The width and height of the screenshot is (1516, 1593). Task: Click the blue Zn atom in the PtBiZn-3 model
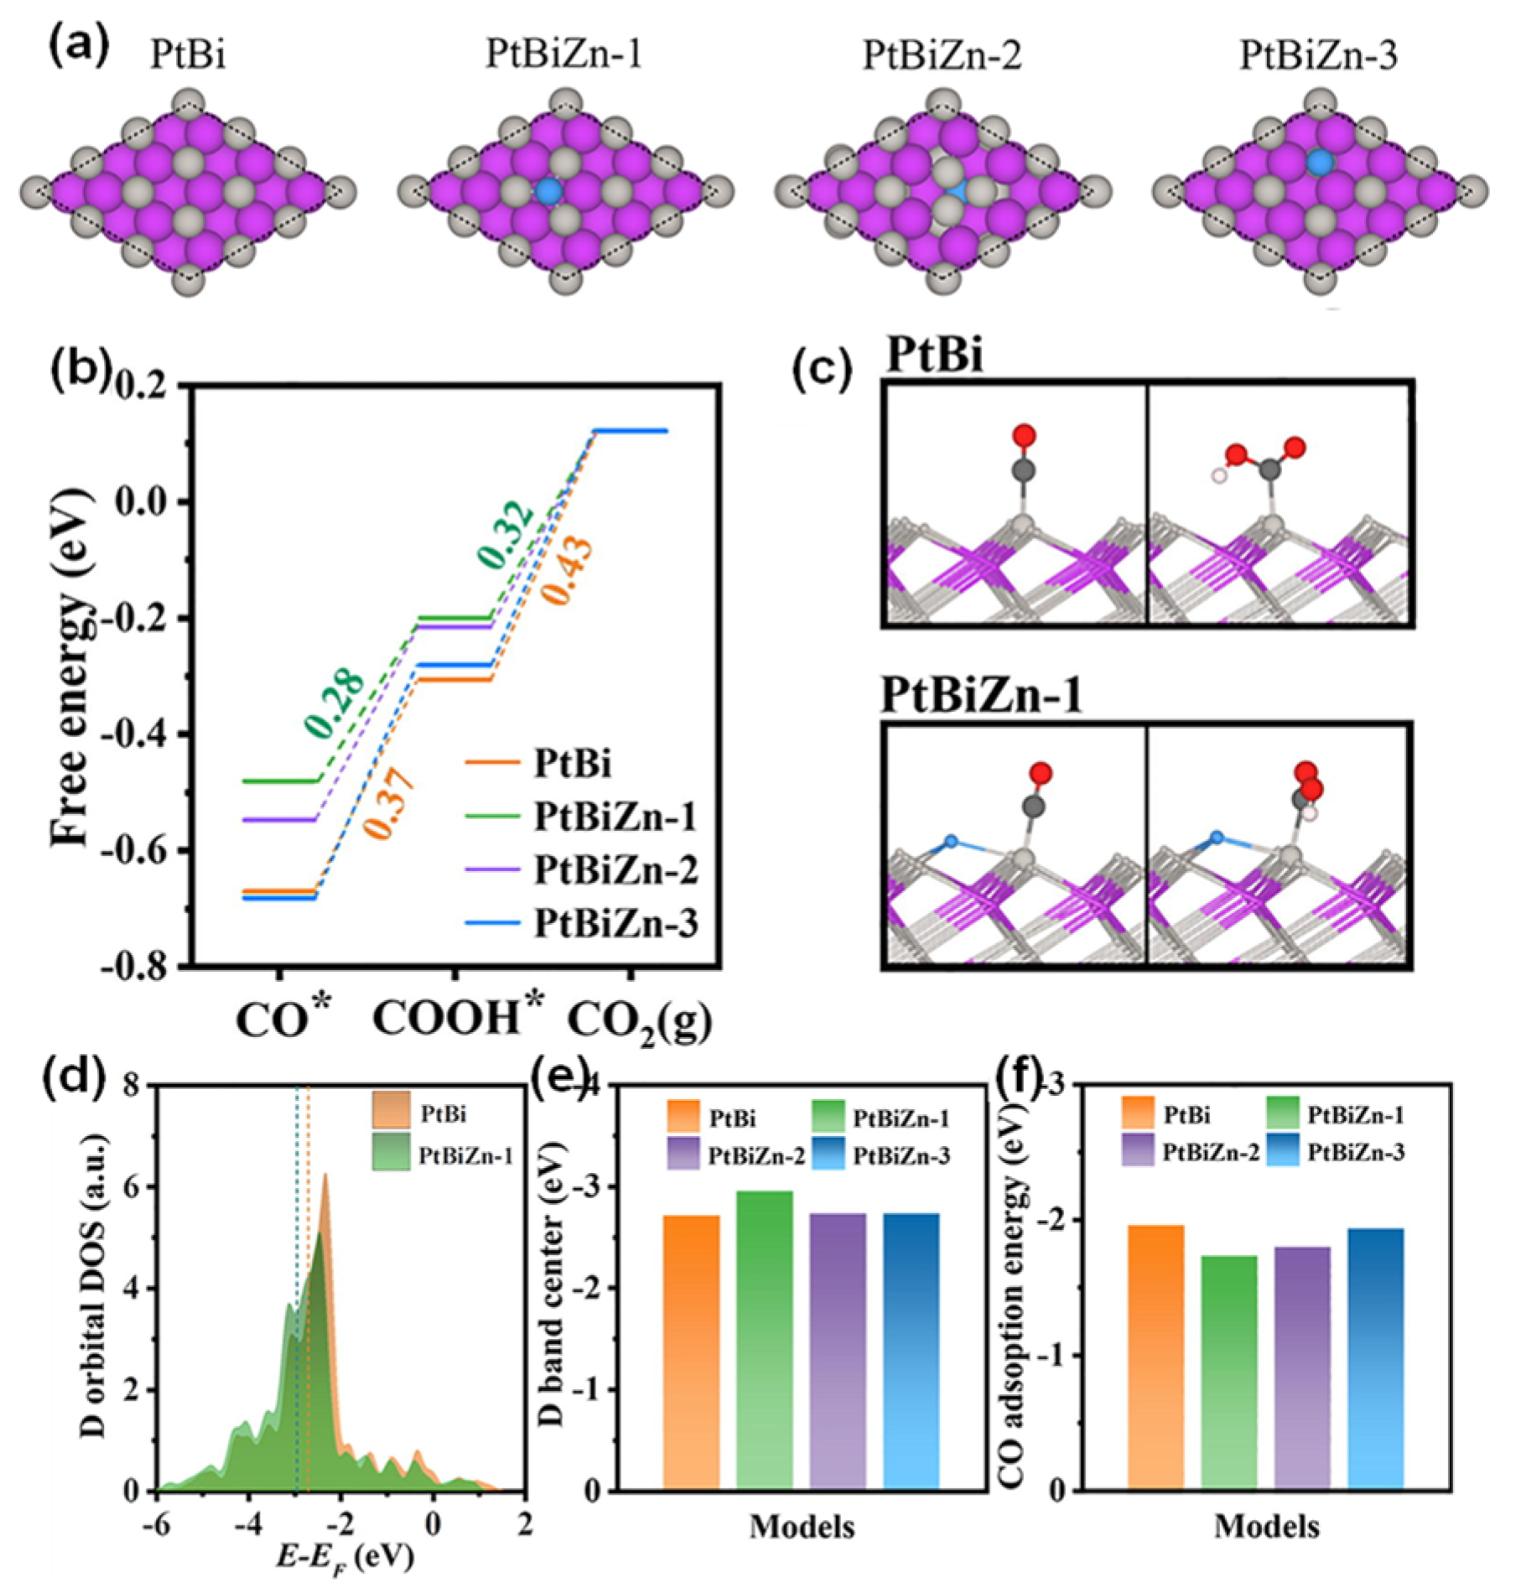coord(1319,162)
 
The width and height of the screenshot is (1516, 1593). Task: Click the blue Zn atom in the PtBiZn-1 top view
coord(549,191)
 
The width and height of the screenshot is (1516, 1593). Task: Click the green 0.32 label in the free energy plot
coord(506,534)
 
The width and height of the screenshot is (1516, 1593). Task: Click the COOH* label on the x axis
coord(458,1020)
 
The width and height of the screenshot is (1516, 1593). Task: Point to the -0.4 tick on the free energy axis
coord(143,735)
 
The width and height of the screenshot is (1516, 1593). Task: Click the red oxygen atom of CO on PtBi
coord(1023,435)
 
